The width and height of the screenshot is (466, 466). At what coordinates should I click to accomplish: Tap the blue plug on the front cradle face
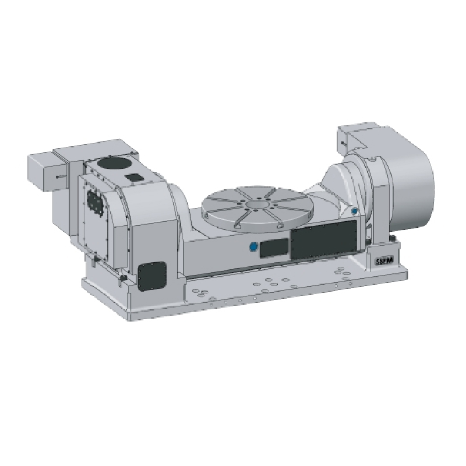[x=253, y=248]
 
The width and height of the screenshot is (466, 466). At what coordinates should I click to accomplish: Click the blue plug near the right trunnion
[x=354, y=210]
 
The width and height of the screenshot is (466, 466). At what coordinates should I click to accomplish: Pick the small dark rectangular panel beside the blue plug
[x=273, y=249]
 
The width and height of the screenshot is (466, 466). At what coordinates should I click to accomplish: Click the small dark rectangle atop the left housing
[x=134, y=175]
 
